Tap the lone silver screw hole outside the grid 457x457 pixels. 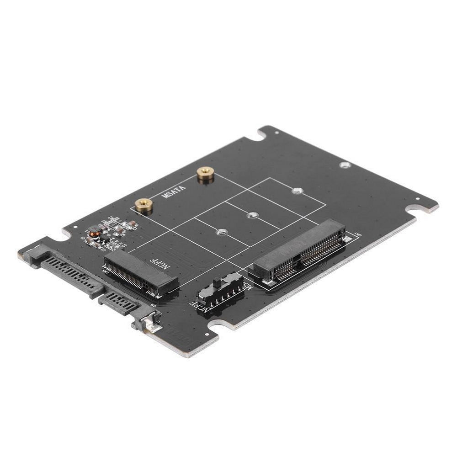pyautogui.click(x=345, y=165)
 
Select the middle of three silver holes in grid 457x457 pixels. pyautogui.click(x=251, y=214)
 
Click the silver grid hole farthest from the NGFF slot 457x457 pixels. pyautogui.click(x=298, y=190)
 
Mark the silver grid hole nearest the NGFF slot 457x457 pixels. pyautogui.click(x=221, y=232)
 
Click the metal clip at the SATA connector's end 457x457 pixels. pyautogui.click(x=149, y=324)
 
